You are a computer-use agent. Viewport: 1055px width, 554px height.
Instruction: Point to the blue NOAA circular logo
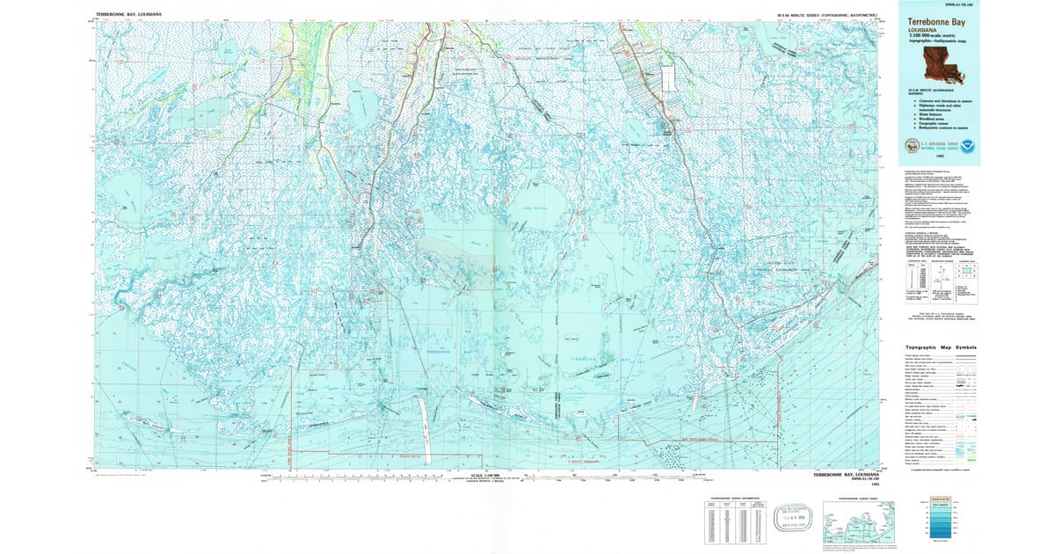[967, 146]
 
